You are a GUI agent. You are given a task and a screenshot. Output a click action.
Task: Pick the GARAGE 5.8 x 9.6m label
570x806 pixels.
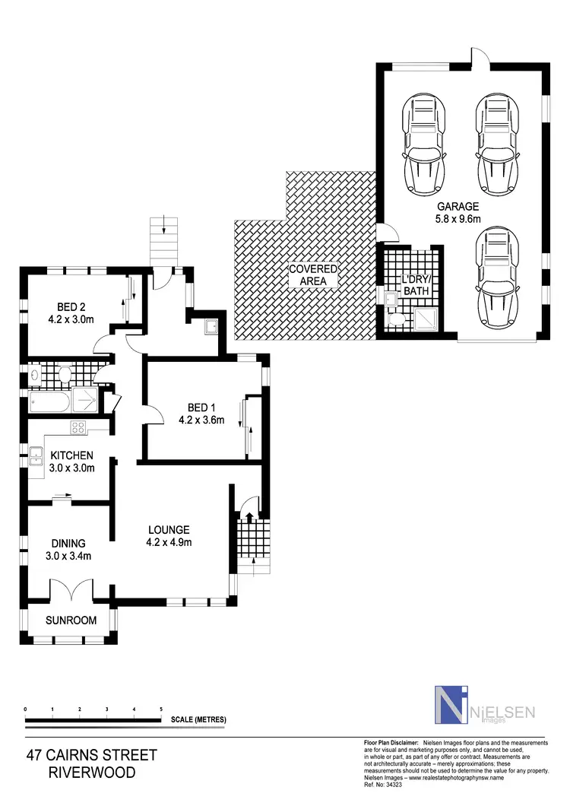click(x=458, y=212)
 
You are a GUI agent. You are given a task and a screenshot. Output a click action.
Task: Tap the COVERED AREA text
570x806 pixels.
click(x=312, y=275)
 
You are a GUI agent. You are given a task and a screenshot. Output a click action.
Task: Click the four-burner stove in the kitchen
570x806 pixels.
click(x=78, y=428)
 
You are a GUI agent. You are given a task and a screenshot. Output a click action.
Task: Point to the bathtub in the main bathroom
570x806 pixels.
click(x=49, y=401)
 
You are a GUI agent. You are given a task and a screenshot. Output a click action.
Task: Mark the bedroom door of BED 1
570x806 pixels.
click(x=154, y=417)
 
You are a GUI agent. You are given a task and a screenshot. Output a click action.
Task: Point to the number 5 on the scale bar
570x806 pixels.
click(x=161, y=709)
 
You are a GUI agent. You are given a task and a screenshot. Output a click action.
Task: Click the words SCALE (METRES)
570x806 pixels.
click(x=198, y=719)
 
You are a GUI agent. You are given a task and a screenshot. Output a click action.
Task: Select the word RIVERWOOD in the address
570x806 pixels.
click(x=91, y=773)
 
